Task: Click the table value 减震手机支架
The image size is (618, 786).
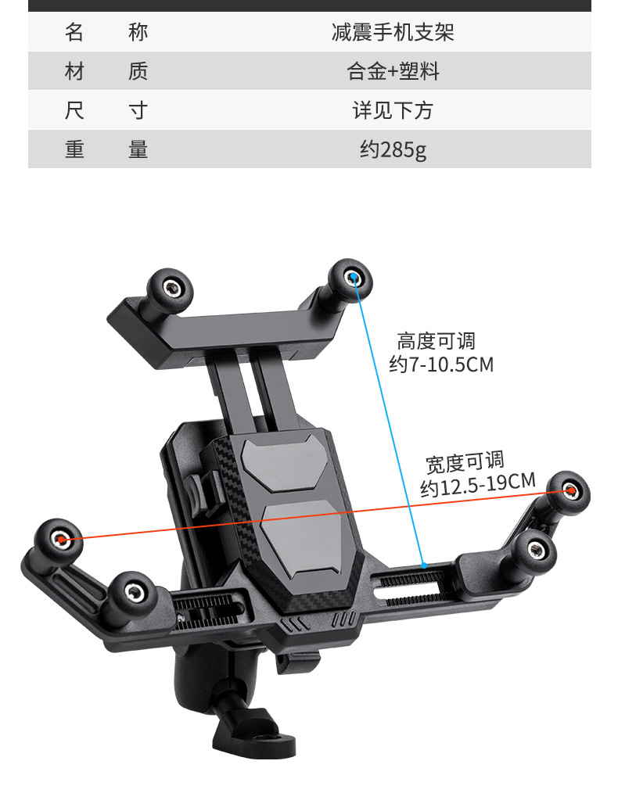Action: coord(393,33)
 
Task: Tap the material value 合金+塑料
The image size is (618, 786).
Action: coord(393,72)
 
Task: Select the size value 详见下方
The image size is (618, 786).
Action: coord(393,110)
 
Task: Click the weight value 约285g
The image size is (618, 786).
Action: coord(393,149)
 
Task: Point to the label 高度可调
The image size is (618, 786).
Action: coord(436,342)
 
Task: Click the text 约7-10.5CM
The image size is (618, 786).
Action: coord(441,364)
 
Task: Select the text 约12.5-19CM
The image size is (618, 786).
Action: coord(477,485)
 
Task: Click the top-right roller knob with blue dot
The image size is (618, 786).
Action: coord(351,278)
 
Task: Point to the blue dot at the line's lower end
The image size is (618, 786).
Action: coord(423,564)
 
